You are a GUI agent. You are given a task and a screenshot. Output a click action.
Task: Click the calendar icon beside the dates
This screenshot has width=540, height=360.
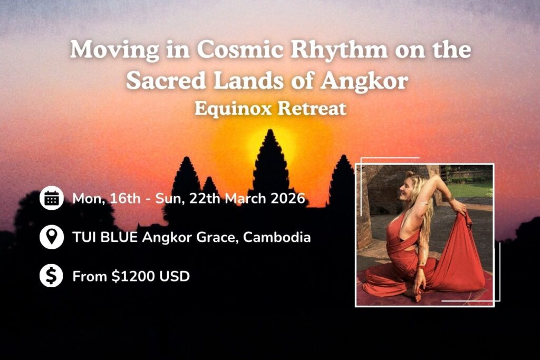coord(52,198)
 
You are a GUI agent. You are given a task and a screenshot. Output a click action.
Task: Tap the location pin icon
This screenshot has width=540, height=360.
coord(52,237)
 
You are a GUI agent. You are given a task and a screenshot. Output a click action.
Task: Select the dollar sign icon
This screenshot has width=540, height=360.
coord(52,276)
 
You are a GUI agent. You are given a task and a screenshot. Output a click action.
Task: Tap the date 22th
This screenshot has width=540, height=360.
coord(210,199)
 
